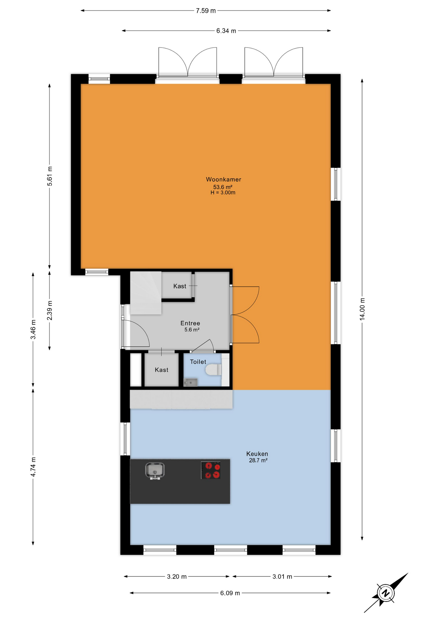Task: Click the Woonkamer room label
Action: point(223,180)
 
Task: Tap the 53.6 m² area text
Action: point(223,187)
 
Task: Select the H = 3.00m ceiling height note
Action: point(223,193)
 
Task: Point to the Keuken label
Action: point(257,454)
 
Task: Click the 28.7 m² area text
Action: point(258,461)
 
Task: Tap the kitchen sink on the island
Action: point(155,471)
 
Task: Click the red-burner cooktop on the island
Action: point(211,470)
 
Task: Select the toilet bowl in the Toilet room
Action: point(214,369)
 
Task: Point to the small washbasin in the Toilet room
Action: point(190,383)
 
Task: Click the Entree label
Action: point(190,323)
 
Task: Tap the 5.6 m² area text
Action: point(192,330)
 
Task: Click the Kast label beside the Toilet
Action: point(161,370)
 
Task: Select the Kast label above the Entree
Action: point(180,286)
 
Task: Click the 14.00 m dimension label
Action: point(362,309)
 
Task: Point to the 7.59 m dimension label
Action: point(206,11)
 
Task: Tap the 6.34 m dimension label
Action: point(226,31)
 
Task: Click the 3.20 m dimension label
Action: point(177,577)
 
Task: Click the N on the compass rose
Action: point(385,593)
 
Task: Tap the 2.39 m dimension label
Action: point(49,310)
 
